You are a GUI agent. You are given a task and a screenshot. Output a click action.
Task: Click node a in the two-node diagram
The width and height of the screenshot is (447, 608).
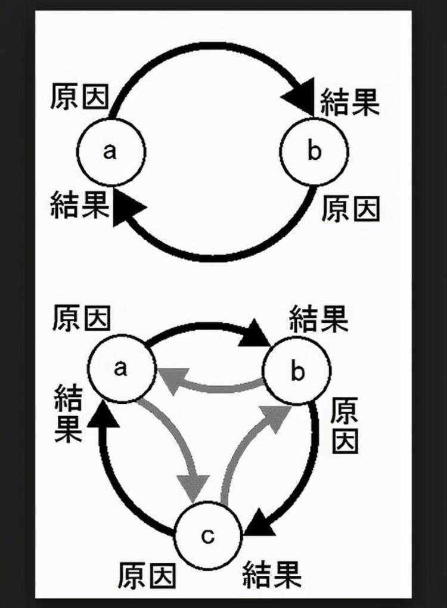111,151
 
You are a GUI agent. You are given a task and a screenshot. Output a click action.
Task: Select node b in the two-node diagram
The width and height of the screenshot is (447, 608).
314,151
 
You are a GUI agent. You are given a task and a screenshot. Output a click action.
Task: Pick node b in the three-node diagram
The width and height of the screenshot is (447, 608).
297,373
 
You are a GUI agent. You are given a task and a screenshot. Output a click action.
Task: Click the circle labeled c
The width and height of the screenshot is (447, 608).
207,536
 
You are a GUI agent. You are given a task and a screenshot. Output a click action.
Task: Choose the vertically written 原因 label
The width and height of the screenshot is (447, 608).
344,424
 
